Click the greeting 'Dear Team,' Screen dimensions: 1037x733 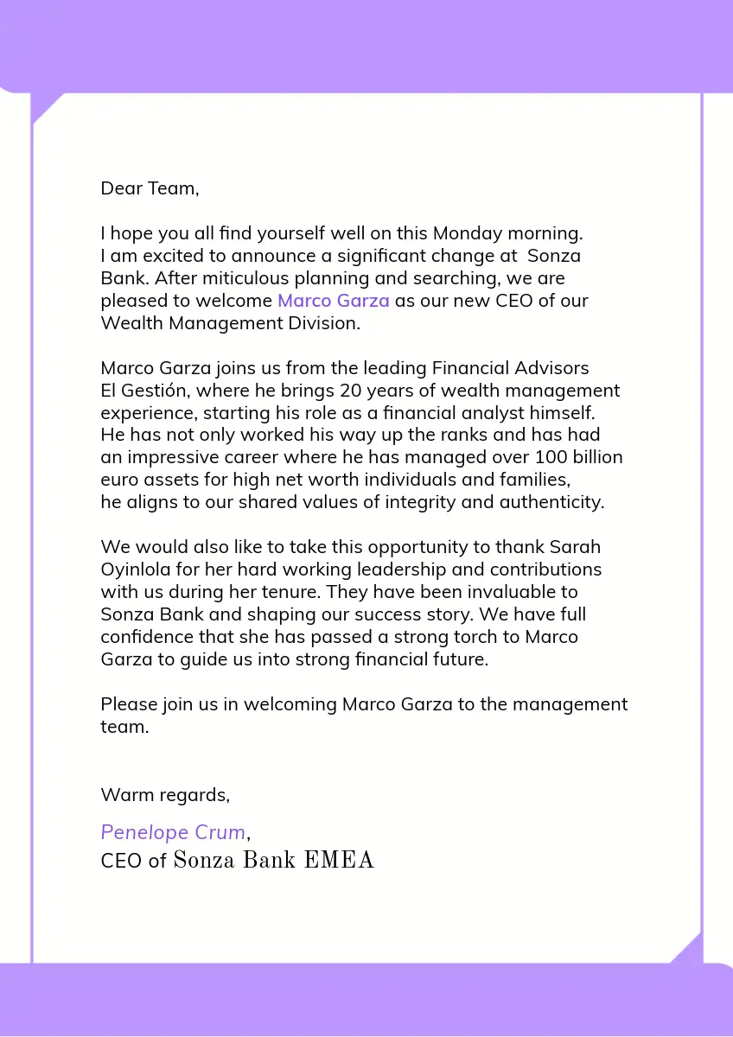click(x=150, y=188)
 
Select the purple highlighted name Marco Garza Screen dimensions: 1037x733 click(x=333, y=301)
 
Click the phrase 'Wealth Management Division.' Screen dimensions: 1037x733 click(x=230, y=323)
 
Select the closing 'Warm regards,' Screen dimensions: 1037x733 click(x=165, y=794)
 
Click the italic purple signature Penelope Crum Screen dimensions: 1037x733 click(x=173, y=832)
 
